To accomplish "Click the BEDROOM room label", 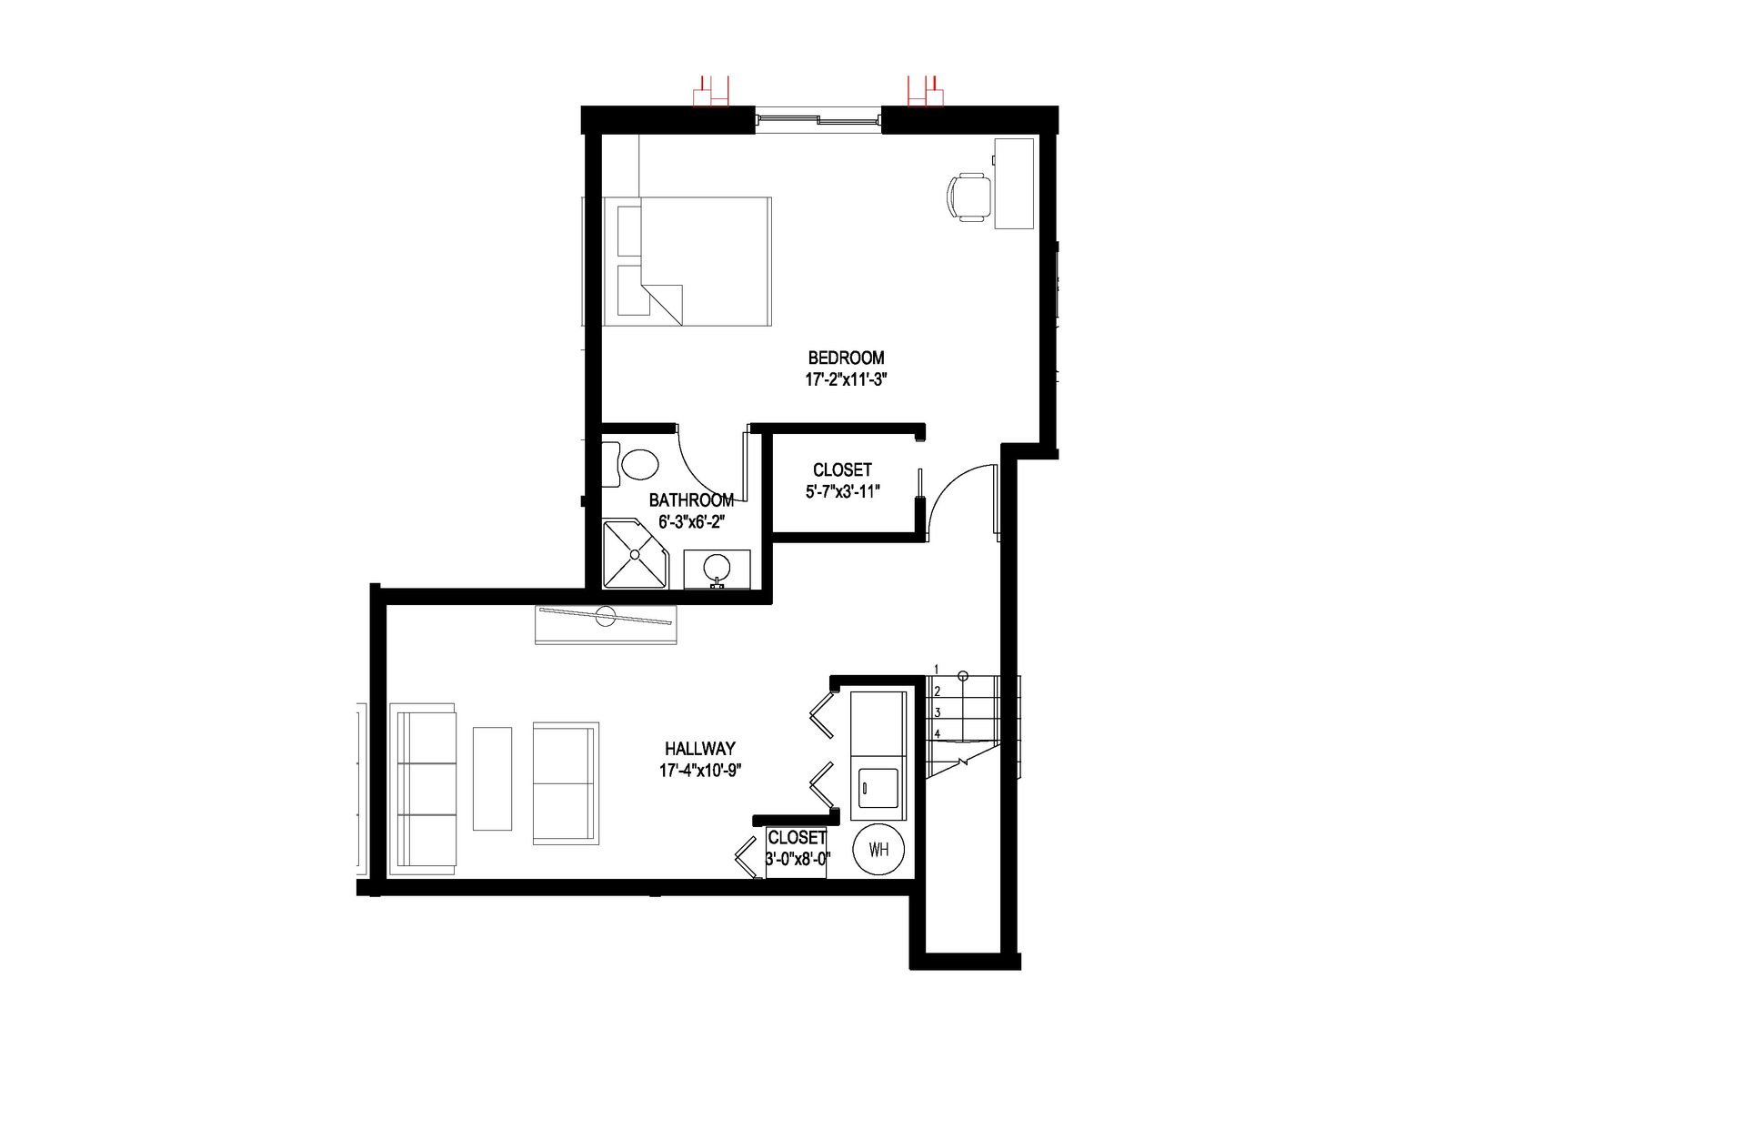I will tap(846, 358).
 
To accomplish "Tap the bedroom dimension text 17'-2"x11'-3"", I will tap(846, 379).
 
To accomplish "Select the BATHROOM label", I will tap(691, 500).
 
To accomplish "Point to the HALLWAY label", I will tap(699, 749).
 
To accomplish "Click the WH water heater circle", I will tap(878, 850).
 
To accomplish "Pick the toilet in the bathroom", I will tap(638, 464).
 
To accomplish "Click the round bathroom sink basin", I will tap(717, 566).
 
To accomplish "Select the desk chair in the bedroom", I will tap(968, 197).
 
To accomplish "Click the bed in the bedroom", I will tap(687, 261).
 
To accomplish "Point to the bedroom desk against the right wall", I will tap(1014, 183).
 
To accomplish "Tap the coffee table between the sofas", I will tap(492, 778).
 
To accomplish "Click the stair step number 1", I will tap(937, 670).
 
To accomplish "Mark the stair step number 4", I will tap(937, 734).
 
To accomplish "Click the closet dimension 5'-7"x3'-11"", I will tap(843, 492).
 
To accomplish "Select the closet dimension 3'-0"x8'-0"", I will tap(798, 859).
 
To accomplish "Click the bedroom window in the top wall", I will tap(818, 119).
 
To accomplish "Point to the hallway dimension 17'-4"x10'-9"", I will tap(701, 771).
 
